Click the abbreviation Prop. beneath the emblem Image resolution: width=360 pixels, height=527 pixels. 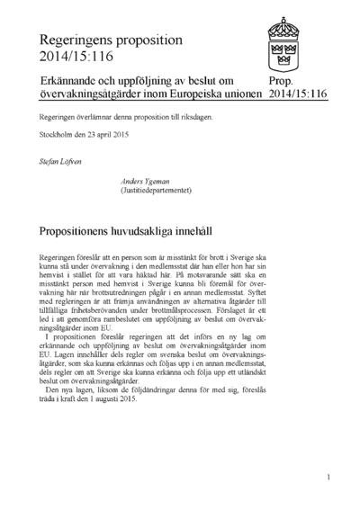coord(281,81)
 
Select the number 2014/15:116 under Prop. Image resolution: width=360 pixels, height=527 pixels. coord(297,94)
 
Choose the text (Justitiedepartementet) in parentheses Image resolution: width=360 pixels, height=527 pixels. coord(154,191)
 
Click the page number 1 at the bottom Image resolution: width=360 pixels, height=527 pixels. coord(328,478)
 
